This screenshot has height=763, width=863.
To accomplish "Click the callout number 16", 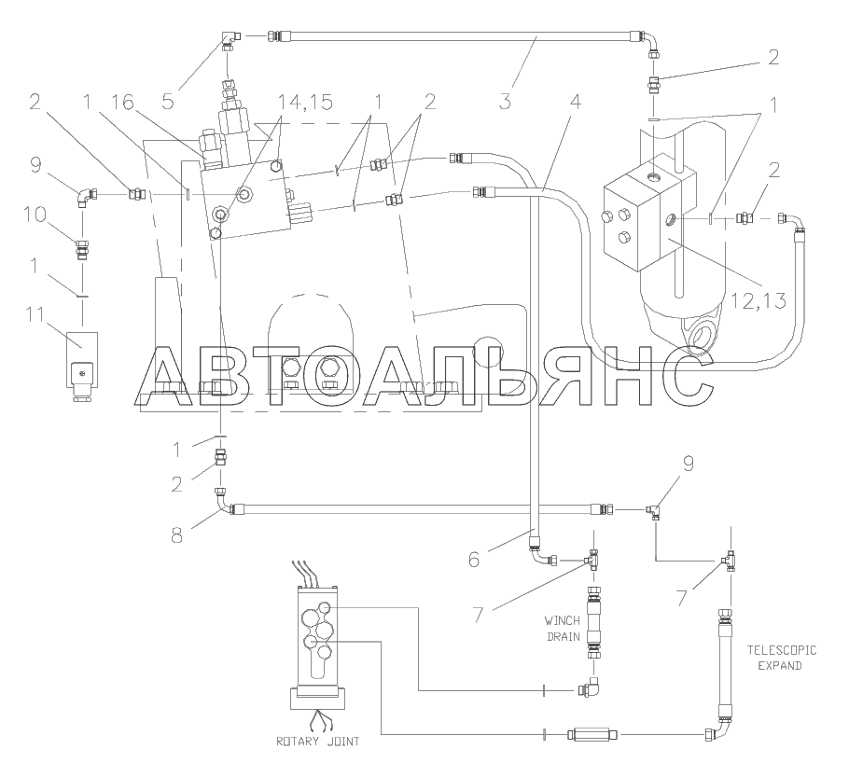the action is pos(123,103).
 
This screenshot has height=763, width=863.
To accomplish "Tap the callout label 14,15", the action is pos(305,103).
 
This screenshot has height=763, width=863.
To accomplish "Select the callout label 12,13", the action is pos(759,300).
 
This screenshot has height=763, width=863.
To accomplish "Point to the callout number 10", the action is pos(35,214).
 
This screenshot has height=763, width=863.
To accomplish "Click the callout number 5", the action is pos(168,102).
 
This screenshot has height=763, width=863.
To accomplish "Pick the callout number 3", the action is pos(506,102).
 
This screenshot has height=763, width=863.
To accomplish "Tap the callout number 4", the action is pos(575,102).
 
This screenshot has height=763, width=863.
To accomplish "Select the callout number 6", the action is pos(474,560).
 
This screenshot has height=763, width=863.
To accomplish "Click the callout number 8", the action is pos(176,534).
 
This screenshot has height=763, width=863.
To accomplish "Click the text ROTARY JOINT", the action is pos(317,741).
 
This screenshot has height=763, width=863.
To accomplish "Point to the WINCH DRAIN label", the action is pos(563,629).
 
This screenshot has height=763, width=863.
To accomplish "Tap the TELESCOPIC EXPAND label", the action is pos(781,658).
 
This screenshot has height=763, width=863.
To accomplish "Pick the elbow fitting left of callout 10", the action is pos(85,196).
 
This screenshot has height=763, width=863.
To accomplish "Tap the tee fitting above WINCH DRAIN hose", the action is pos(592,560).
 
